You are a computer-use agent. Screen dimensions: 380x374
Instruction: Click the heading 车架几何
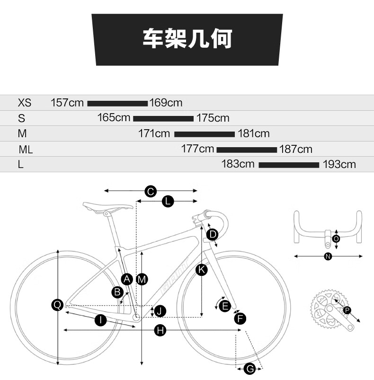[x=187, y=40]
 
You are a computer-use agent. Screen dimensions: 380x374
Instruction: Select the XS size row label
[x=24, y=103]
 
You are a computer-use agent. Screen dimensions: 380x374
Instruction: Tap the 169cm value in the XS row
[x=166, y=103]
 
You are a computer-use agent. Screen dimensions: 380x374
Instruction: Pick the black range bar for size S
[x=163, y=118]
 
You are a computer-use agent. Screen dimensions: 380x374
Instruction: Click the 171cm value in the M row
[x=154, y=134]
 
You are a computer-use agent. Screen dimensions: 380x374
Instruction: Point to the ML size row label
[x=26, y=150]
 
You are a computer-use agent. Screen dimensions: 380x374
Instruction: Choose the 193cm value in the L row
[x=339, y=165]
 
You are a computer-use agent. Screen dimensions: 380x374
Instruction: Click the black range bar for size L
[x=289, y=165]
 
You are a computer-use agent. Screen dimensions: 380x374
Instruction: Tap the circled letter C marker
[x=150, y=191]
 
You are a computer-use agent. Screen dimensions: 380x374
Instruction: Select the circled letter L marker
[x=168, y=201]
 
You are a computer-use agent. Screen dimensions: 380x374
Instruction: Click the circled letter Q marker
[x=57, y=305]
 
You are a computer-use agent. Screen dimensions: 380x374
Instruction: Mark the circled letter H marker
[x=161, y=331]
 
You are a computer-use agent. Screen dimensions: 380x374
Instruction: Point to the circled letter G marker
[x=249, y=369]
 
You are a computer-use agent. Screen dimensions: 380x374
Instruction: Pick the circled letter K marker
[x=201, y=270]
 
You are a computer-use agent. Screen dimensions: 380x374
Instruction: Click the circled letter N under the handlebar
[x=328, y=256]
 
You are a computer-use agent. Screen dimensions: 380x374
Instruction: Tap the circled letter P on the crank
[x=347, y=310]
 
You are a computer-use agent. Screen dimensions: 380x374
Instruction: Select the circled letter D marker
[x=213, y=234]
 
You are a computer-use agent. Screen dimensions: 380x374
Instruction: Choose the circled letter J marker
[x=160, y=311]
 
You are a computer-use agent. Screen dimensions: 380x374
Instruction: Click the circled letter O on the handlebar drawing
[x=336, y=239]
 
